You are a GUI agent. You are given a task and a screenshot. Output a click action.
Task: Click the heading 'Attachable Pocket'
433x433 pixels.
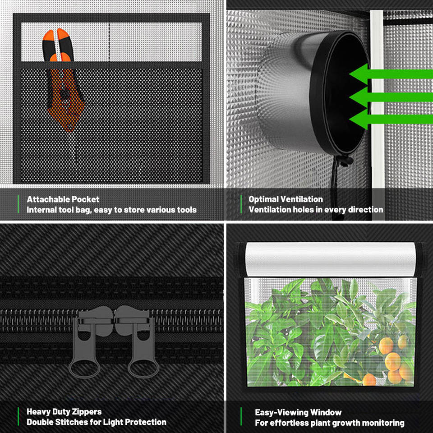tap(63, 199)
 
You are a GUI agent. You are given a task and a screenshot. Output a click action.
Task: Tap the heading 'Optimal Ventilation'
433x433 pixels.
tap(286, 199)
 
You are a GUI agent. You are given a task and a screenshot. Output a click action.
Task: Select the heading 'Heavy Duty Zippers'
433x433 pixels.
tap(64, 412)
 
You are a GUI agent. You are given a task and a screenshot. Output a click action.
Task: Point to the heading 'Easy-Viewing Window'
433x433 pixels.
tap(298, 413)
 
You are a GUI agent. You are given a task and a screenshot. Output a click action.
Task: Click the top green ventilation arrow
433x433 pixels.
tap(391, 74)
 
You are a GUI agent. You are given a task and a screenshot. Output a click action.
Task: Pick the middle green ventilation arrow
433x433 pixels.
tap(391, 97)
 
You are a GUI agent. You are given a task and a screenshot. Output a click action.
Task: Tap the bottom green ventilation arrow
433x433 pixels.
tap(391, 119)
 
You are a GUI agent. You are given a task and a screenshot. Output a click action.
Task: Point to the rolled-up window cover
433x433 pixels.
tap(330, 259)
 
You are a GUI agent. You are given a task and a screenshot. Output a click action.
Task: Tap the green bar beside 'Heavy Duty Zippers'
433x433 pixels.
tap(18, 416)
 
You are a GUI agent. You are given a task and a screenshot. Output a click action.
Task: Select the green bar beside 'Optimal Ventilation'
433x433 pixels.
tap(241, 204)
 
